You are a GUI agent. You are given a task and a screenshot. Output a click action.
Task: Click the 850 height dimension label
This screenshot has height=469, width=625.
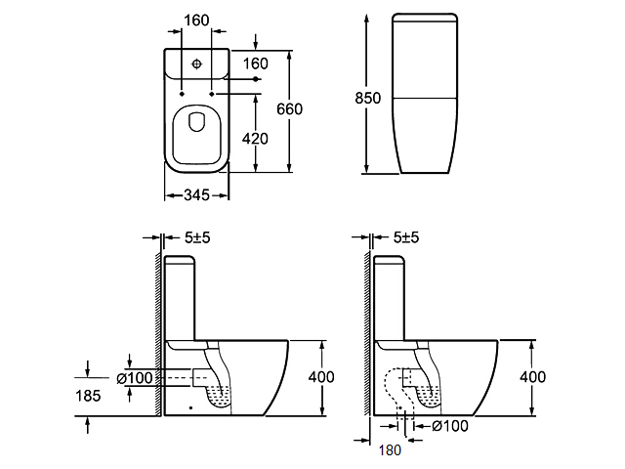tap(367, 98)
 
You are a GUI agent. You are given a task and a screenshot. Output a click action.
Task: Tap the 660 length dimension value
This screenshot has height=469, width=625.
tap(289, 108)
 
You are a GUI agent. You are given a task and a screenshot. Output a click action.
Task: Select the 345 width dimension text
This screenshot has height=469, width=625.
tap(196, 195)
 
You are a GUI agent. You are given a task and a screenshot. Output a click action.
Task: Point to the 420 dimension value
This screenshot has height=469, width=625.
tap(255, 139)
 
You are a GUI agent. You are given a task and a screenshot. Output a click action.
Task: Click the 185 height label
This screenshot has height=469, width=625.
tap(88, 396)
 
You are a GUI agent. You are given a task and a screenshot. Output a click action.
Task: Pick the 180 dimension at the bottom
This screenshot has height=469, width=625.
tap(390, 450)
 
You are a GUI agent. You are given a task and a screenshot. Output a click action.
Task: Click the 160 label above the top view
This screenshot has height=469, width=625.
tap(196, 20)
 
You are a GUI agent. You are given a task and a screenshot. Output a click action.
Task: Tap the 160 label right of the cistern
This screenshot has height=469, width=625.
tap(256, 63)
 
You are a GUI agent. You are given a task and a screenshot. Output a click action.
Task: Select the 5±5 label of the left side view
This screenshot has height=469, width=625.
tap(197, 237)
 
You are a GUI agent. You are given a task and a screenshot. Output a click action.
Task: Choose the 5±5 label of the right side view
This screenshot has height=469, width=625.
tap(406, 237)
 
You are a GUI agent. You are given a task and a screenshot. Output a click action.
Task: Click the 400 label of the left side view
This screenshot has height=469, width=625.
tap(321, 376)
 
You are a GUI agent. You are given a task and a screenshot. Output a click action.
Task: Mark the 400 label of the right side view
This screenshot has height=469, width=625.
tap(532, 376)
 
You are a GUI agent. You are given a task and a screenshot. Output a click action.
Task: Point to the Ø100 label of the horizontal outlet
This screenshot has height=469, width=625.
tap(135, 378)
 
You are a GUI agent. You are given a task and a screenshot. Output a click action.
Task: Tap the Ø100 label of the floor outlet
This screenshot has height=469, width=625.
tap(450, 426)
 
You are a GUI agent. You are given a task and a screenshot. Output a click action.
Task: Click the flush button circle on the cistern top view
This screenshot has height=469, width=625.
tap(197, 64)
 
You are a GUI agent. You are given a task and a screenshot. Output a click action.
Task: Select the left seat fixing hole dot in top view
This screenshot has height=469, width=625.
tap(182, 94)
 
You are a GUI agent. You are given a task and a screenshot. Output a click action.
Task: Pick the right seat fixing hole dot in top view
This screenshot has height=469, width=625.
tap(212, 94)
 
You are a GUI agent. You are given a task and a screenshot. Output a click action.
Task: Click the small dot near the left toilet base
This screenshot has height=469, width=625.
tap(191, 407)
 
